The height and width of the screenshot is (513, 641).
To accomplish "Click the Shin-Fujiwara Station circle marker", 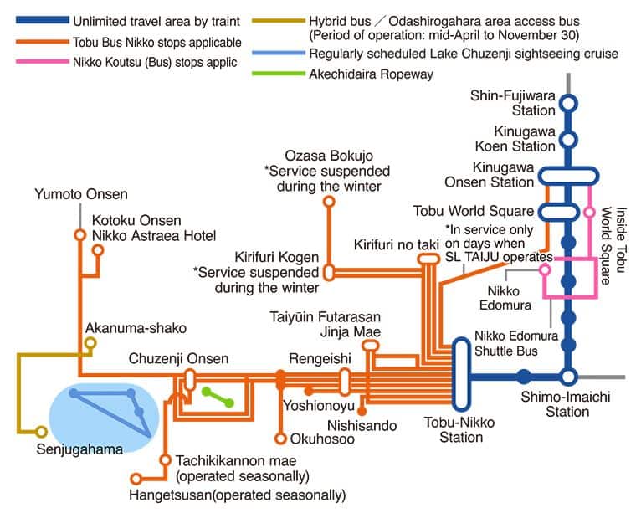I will [x=569, y=103].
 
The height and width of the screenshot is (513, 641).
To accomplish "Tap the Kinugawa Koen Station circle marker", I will [x=569, y=140].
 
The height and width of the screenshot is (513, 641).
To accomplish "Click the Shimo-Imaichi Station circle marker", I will [x=569, y=376].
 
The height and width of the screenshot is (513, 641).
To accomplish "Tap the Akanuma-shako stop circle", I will [x=90, y=342].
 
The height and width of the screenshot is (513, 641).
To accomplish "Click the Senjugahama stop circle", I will [x=41, y=432].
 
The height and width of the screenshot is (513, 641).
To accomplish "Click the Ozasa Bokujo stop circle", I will [x=329, y=202].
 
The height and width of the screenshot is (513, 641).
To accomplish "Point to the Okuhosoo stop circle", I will [x=281, y=438].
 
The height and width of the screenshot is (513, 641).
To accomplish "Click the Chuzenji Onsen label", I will [x=178, y=359].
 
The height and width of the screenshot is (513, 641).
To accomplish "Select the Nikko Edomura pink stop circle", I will [x=545, y=270].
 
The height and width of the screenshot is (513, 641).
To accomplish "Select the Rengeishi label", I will [x=315, y=358].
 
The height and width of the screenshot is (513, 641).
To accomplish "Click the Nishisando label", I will [x=362, y=426].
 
